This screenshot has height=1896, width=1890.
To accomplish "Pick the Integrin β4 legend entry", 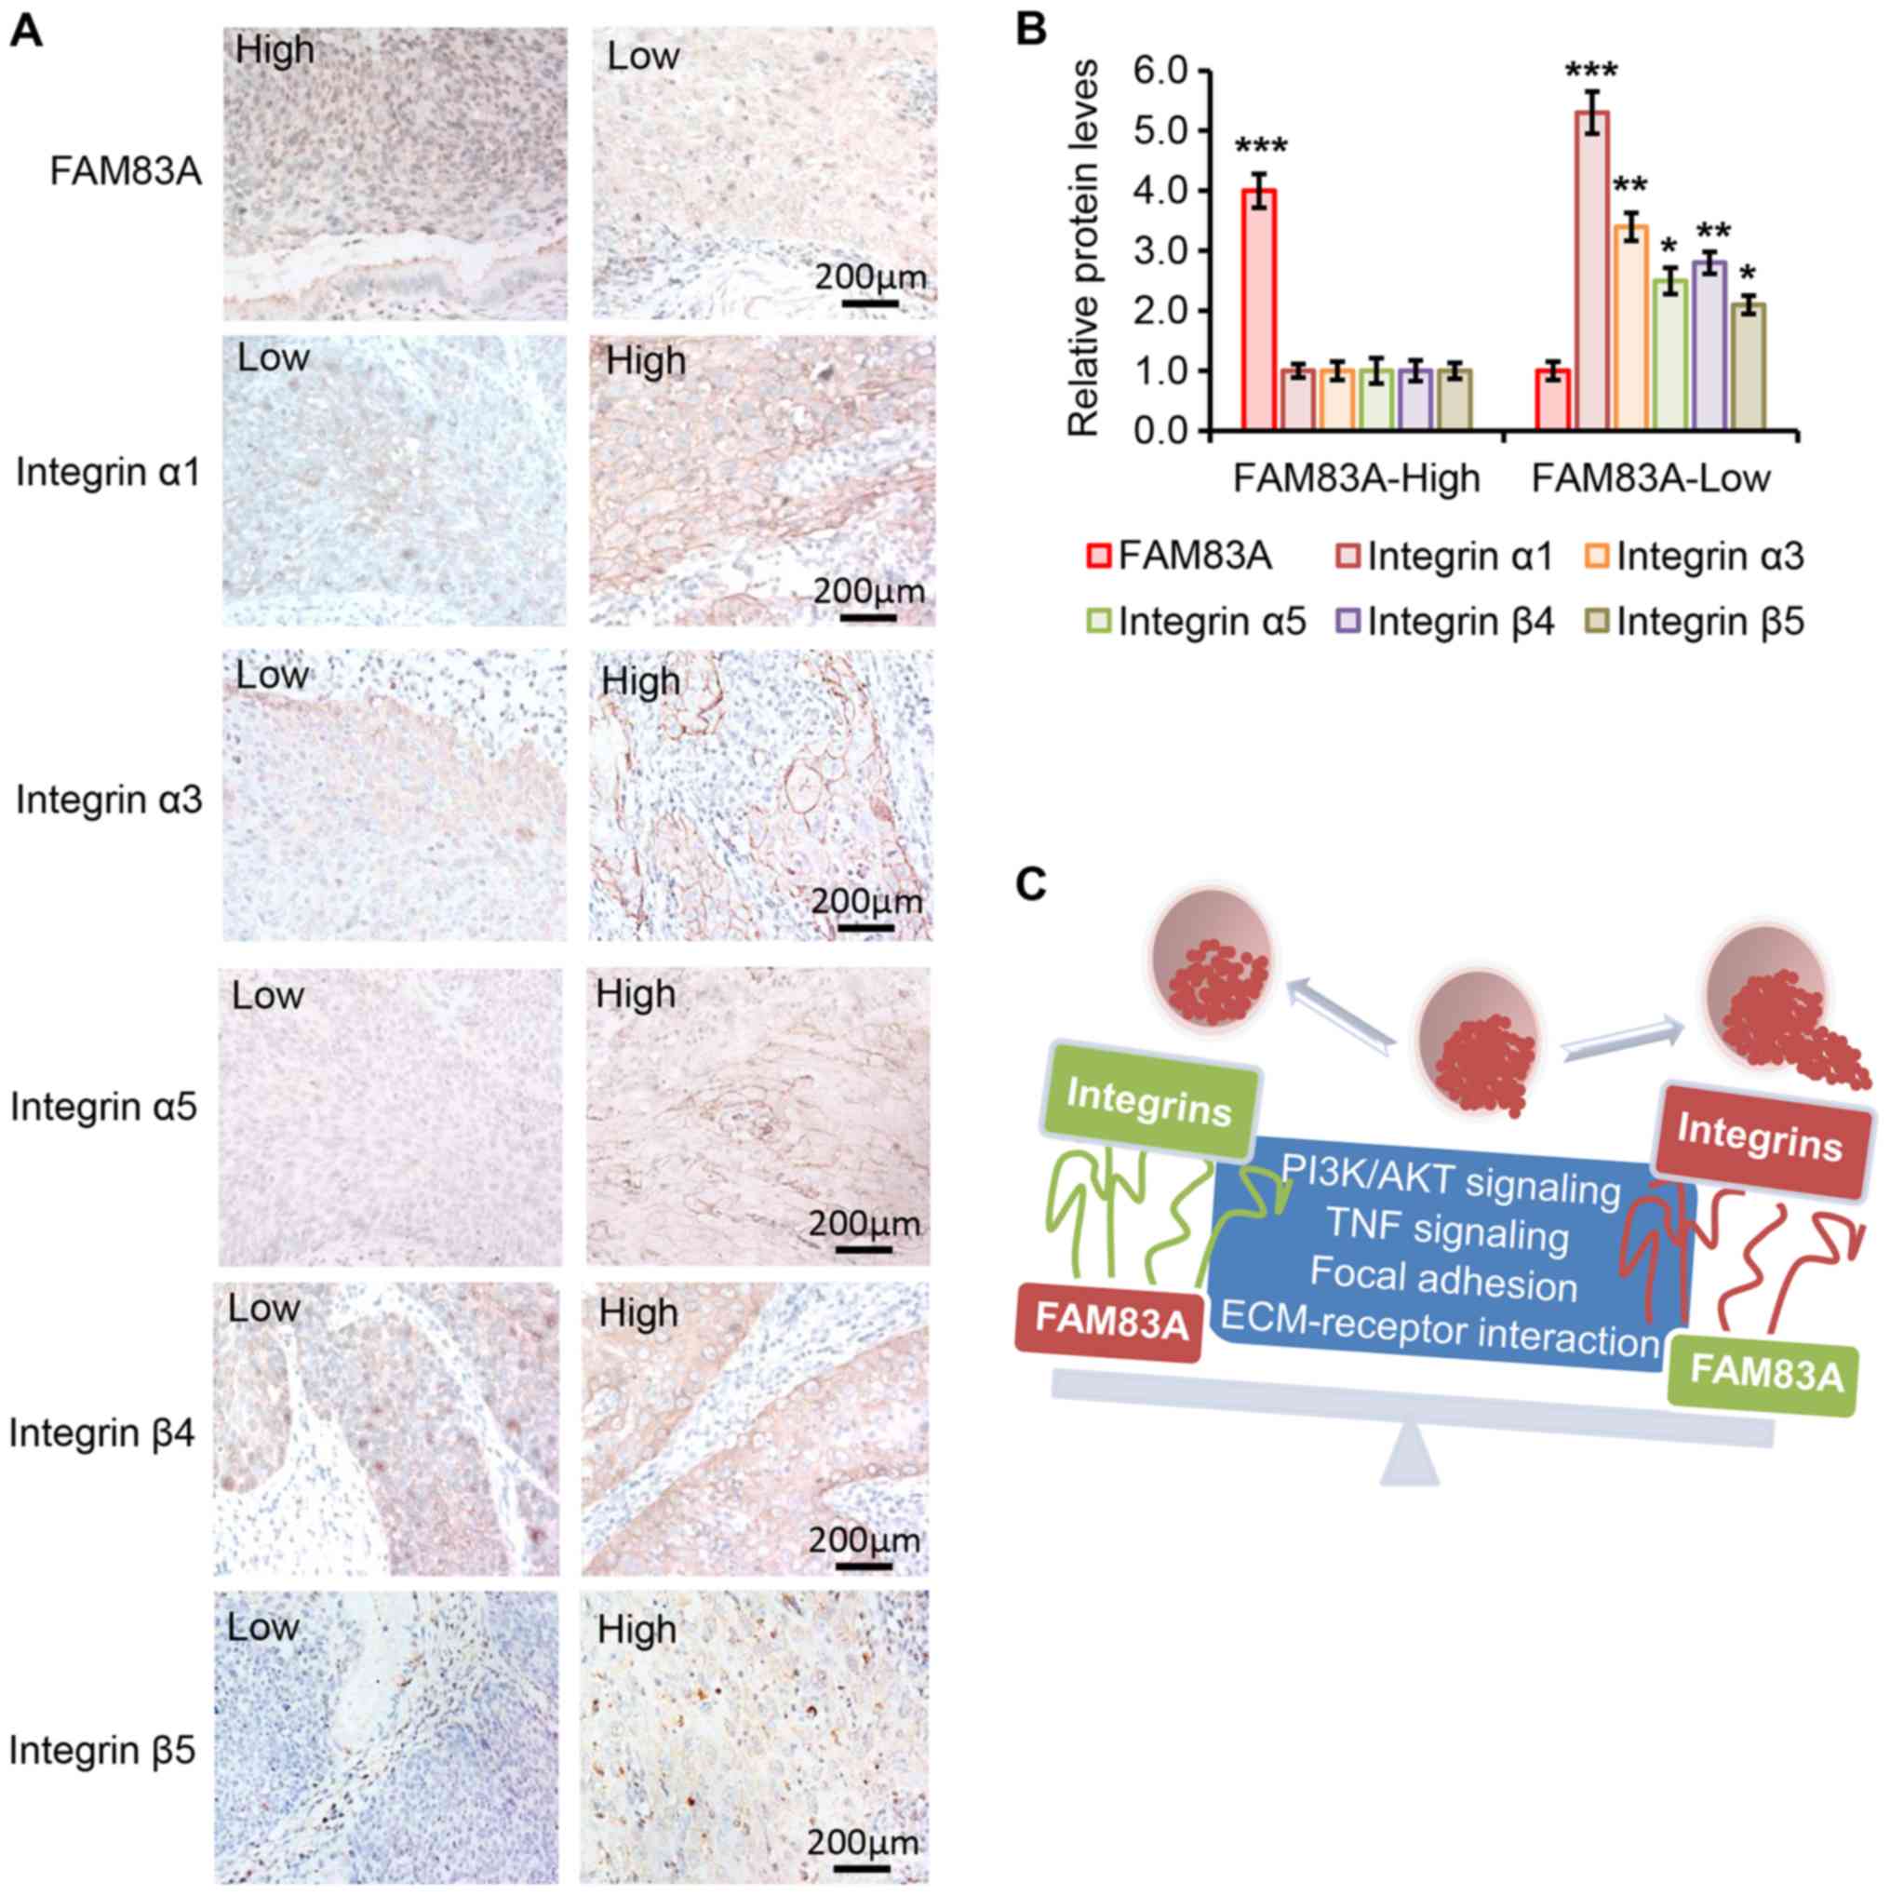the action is tap(1447, 622).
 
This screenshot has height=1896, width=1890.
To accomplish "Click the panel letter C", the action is tap(1031, 885).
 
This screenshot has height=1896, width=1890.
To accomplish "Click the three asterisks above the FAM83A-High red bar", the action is tap(1260, 148).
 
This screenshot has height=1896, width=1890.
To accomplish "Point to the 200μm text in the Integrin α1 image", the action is tap(868, 591).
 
